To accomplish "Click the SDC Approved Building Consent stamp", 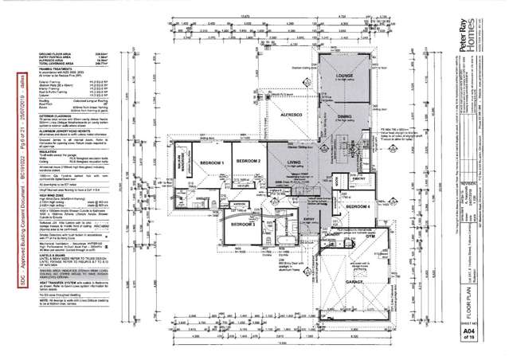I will tap(18, 180).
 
